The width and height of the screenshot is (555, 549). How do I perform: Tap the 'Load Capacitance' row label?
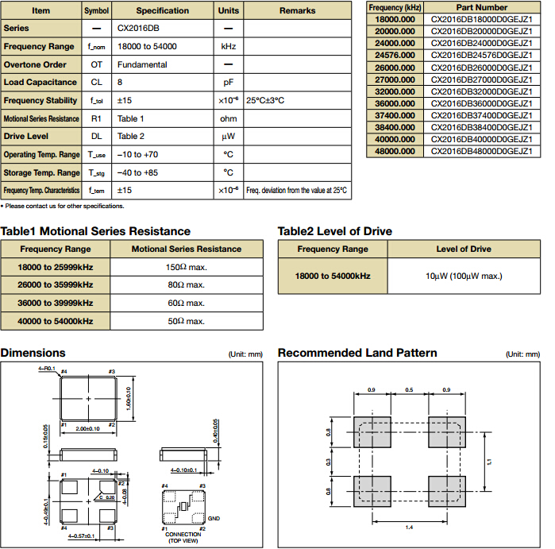(40, 82)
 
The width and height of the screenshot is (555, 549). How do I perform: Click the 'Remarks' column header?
(297, 11)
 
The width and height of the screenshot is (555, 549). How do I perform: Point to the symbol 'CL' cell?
(97, 82)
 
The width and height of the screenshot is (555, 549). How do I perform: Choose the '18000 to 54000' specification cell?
(147, 47)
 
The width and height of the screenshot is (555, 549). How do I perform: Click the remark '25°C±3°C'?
(265, 101)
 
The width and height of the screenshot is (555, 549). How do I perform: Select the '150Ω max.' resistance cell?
(186, 266)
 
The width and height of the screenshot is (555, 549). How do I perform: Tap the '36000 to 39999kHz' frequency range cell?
(56, 303)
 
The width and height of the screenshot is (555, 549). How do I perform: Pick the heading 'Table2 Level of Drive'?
(334, 231)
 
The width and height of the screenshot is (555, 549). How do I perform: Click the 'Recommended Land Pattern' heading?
(357, 353)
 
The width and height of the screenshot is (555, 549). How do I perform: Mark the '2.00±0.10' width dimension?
(87, 428)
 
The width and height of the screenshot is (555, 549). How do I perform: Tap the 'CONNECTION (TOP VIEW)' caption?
(183, 538)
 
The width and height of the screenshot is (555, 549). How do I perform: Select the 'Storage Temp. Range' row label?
(41, 172)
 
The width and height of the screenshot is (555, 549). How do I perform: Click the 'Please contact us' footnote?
(64, 207)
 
